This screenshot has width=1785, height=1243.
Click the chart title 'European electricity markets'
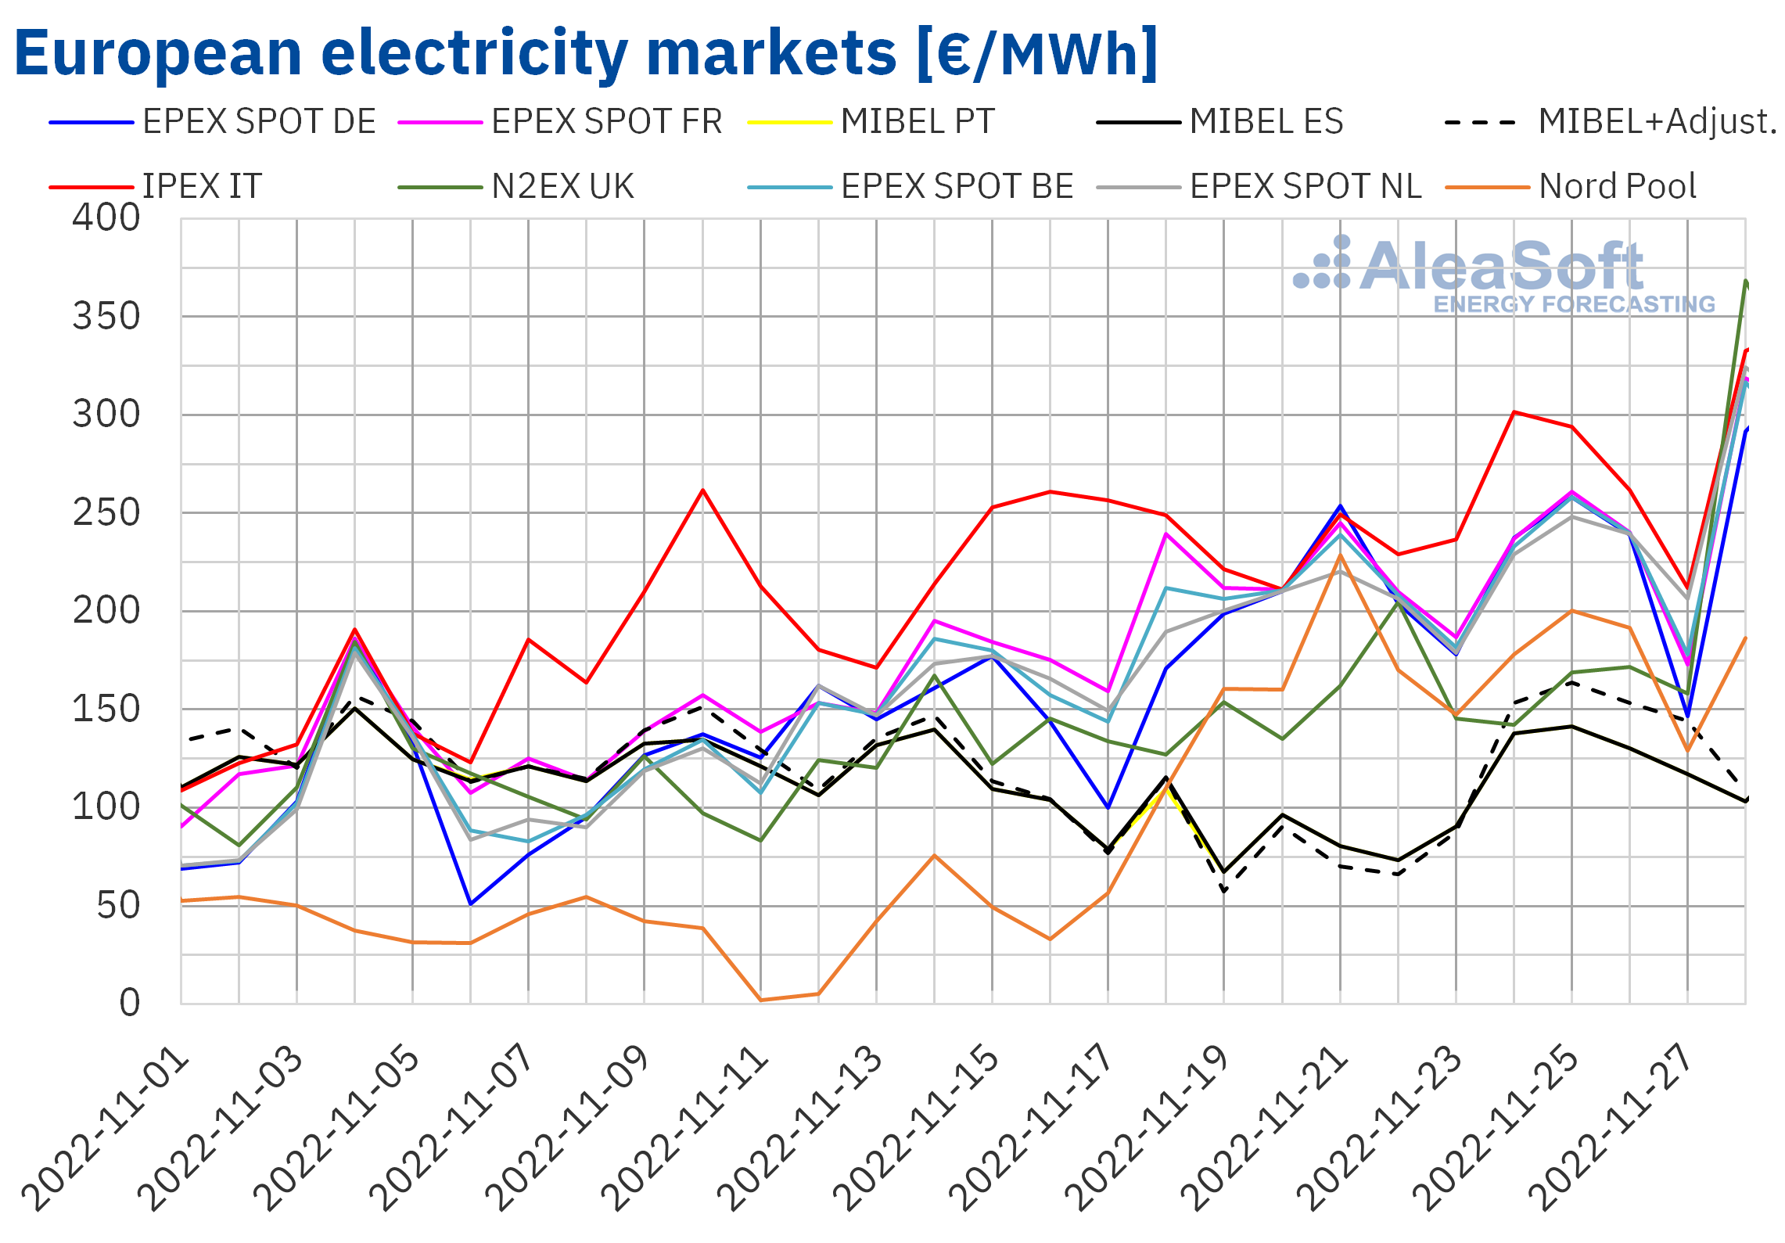click(x=585, y=53)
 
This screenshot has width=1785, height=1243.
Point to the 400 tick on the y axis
click(x=106, y=218)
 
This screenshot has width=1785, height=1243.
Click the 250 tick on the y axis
click(x=106, y=514)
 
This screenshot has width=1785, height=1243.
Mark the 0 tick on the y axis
click(x=130, y=1003)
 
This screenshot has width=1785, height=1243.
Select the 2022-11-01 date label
click(x=106, y=1130)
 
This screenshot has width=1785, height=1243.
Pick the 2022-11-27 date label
click(x=1612, y=1130)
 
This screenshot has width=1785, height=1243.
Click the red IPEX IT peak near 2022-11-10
click(x=703, y=490)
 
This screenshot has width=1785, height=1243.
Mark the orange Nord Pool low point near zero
click(x=761, y=1000)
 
